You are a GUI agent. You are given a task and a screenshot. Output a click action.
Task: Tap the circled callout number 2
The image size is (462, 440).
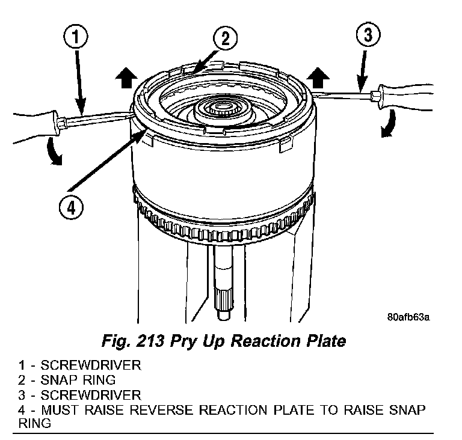click(x=224, y=40)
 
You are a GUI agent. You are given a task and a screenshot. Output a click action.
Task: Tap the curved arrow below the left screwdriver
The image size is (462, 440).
click(x=55, y=151)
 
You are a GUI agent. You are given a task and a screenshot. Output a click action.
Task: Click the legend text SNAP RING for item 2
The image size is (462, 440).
click(x=78, y=380)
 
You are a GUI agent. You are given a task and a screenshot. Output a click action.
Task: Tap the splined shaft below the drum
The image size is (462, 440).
click(x=223, y=295)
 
